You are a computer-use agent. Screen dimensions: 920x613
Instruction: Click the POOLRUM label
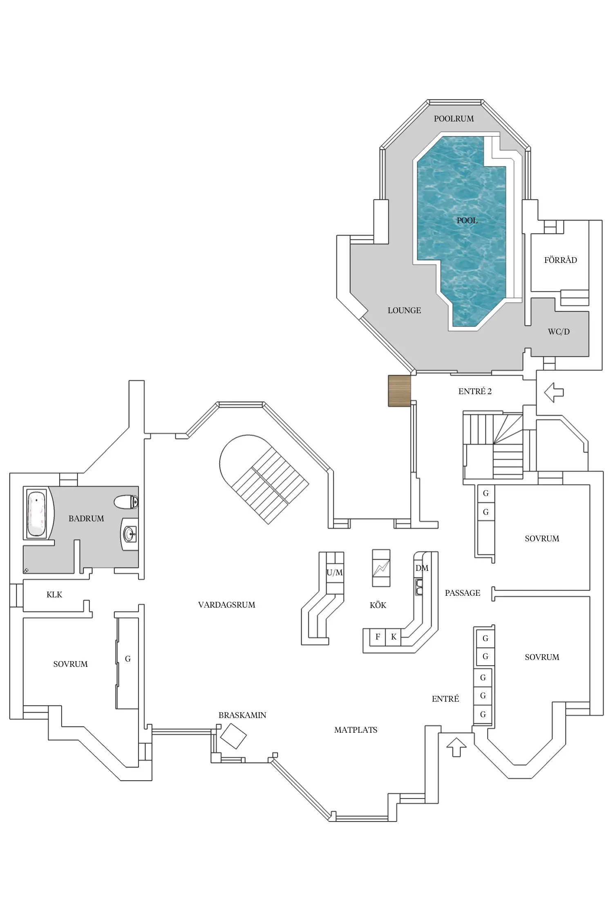pos(454,119)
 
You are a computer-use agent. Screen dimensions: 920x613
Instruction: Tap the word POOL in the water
pos(467,220)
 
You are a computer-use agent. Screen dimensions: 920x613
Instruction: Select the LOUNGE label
pos(404,310)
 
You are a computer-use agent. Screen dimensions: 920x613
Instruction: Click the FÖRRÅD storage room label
pos(560,260)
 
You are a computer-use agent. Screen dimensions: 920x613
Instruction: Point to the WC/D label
pos(559,332)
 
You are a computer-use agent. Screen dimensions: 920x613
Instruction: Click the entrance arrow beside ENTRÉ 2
pos(554,393)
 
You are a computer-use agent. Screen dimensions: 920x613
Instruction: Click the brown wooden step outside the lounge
pos(399,391)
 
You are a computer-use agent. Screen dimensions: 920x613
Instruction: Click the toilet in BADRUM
pos(126,502)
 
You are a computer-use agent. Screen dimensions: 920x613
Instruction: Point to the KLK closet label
pos(54,595)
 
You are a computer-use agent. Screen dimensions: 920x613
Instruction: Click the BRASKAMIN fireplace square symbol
pos(233,736)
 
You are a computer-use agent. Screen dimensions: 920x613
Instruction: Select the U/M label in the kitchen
pos(335,573)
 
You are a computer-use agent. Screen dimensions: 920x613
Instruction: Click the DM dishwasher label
pos(422,568)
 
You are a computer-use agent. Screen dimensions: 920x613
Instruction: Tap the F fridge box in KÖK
pos(378,637)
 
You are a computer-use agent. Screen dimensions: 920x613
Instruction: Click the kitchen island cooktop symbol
pos(381,568)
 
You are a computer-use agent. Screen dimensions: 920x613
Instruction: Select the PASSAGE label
pos(462,593)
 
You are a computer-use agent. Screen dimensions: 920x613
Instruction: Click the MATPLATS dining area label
pos(356,730)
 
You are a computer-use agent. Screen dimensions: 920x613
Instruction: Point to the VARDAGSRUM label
pos(226,605)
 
